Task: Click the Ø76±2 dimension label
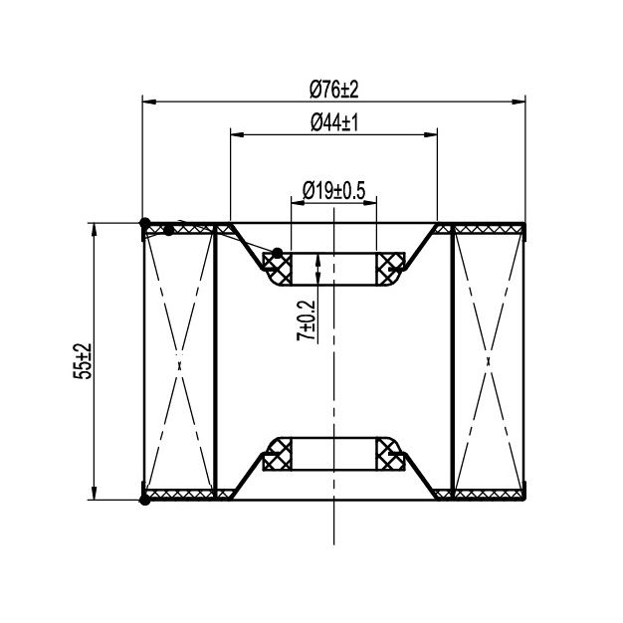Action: click(x=333, y=89)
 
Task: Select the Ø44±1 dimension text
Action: click(x=334, y=122)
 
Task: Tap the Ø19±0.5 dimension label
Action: click(x=333, y=191)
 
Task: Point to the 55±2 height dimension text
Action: click(x=83, y=361)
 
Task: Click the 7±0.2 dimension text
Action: click(x=306, y=320)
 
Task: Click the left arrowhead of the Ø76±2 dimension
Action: click(x=149, y=103)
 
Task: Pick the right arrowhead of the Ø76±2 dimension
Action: click(x=519, y=103)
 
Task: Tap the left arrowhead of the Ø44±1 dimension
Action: click(x=237, y=135)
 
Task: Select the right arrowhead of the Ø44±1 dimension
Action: click(x=431, y=135)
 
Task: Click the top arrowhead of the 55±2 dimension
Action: click(x=95, y=230)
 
